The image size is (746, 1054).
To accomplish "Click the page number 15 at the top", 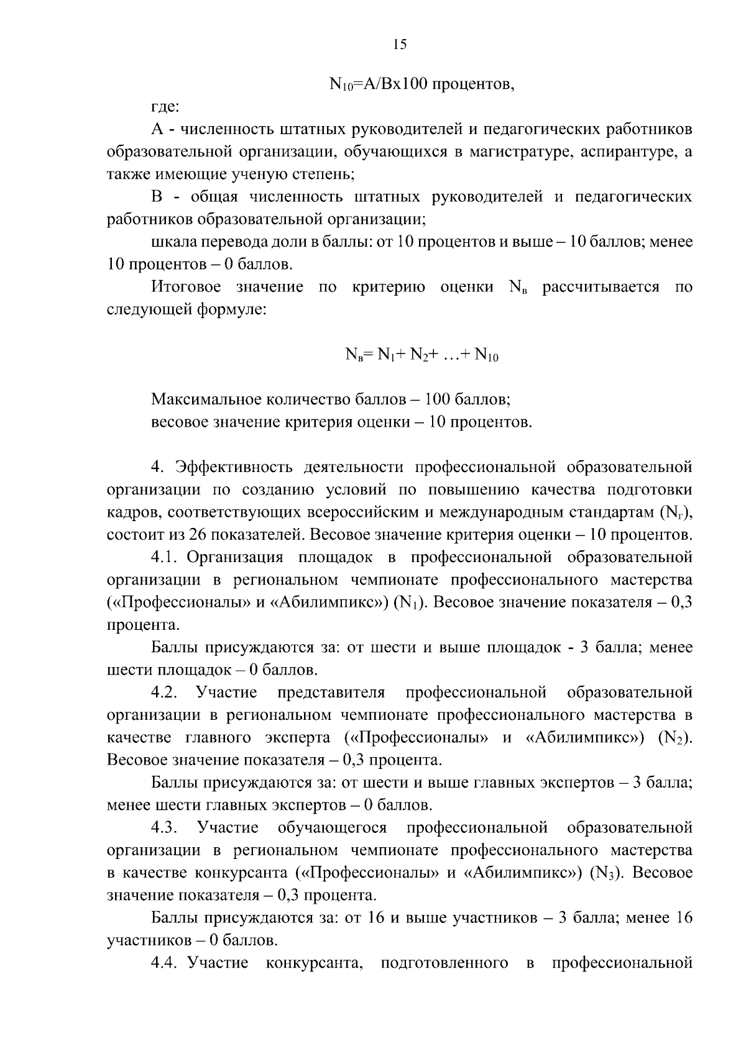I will [x=399, y=44].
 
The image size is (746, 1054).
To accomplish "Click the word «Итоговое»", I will [x=186, y=287].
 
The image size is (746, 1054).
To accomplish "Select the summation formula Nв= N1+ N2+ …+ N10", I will [x=422, y=355].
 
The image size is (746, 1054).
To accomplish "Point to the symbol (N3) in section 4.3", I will [x=607, y=873].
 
